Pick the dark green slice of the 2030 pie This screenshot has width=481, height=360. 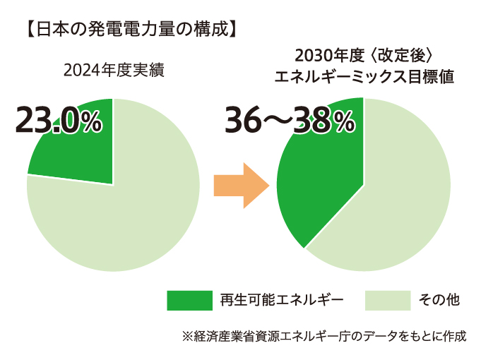pos(321,184)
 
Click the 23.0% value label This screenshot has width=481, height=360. pos(59,121)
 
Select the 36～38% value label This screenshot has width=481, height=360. pos(290,121)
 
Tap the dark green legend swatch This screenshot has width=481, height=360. pos(189,300)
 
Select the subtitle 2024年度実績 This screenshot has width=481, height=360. pos(113,71)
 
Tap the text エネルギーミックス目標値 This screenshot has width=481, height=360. pos(364,76)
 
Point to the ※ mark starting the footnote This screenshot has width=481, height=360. pos(187,336)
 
